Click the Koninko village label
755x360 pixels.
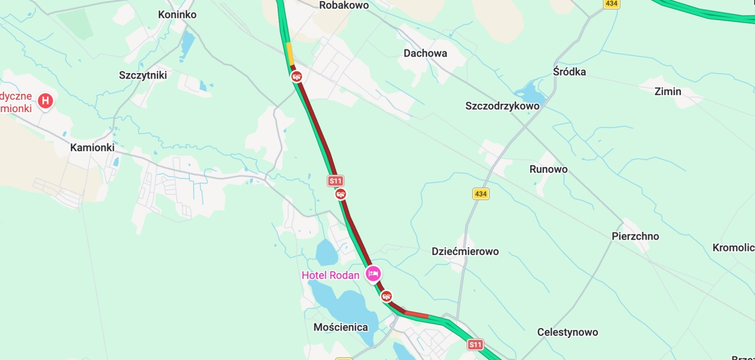tap(177, 14)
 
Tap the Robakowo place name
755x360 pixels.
tap(343, 5)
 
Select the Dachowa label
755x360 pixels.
tap(425, 53)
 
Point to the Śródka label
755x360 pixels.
tap(569, 71)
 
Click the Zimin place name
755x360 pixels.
tap(668, 91)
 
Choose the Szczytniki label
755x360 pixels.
tap(143, 75)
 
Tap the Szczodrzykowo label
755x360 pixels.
tap(502, 106)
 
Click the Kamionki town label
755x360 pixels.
tap(92, 148)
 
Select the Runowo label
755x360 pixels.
tap(548, 169)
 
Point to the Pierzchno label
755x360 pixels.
tap(635, 237)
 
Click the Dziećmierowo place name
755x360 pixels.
tap(465, 251)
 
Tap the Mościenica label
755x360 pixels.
tap(340, 327)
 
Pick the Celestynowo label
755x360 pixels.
tap(567, 332)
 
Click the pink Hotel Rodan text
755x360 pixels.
tap(330, 275)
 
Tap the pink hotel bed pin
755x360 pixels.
tap(373, 274)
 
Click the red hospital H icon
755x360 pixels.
tap(45, 101)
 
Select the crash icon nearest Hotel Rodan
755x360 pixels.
tap(386, 296)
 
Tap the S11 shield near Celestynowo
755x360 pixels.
tap(475, 344)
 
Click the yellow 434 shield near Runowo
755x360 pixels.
tap(481, 194)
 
